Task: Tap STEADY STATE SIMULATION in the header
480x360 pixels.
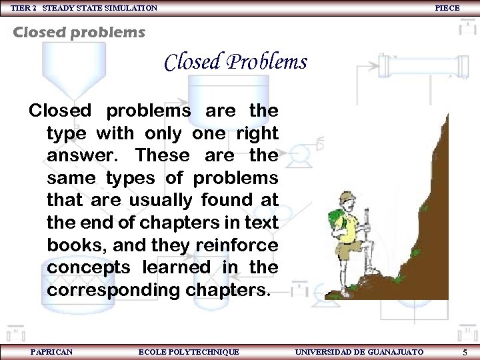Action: click(100, 8)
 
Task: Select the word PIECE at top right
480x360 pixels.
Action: click(447, 8)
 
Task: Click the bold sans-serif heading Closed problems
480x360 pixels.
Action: click(79, 32)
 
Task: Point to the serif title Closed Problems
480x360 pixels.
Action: click(235, 62)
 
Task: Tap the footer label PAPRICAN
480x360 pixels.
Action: click(51, 351)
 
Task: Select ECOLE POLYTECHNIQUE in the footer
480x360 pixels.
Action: click(188, 351)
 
